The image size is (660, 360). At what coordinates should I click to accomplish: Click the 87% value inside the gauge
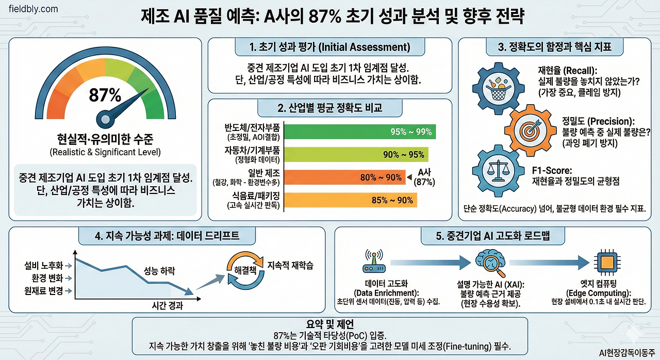click(105, 95)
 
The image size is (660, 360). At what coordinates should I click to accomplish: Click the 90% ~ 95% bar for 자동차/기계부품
click(356, 154)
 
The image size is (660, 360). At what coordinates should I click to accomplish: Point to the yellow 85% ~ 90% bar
click(351, 200)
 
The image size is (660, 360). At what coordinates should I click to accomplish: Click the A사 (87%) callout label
click(425, 177)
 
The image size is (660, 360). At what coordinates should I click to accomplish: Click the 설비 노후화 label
click(43, 265)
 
